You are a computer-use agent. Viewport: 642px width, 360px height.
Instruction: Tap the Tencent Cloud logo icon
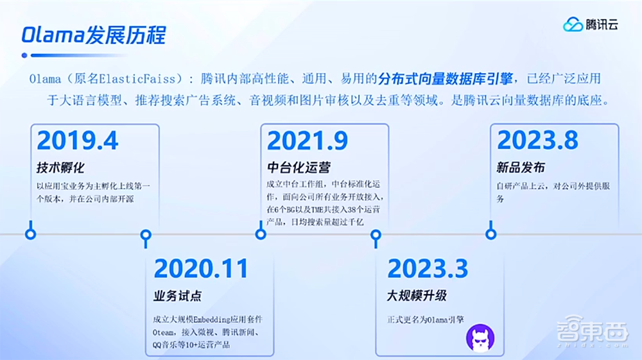pyautogui.click(x=573, y=25)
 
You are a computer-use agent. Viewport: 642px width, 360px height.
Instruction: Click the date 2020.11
pyautogui.click(x=201, y=268)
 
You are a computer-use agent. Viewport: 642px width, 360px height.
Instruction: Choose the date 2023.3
pyautogui.click(x=428, y=268)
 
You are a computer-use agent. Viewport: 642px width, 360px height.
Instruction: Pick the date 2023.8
pyautogui.click(x=537, y=141)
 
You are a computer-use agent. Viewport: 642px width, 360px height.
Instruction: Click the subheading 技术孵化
pyautogui.click(x=60, y=168)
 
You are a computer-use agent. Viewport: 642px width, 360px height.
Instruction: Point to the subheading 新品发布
pyautogui.click(x=521, y=168)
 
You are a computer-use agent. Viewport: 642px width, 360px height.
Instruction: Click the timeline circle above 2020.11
pyautogui.click(x=146, y=234)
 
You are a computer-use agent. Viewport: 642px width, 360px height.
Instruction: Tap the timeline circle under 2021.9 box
pyautogui.click(x=261, y=234)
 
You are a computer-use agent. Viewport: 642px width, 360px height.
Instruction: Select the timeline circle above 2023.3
pyautogui.click(x=376, y=234)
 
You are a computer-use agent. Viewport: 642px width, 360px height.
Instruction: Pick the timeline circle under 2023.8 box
pyautogui.click(x=491, y=234)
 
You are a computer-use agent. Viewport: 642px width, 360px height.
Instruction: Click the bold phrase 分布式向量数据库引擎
pyautogui.click(x=446, y=79)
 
